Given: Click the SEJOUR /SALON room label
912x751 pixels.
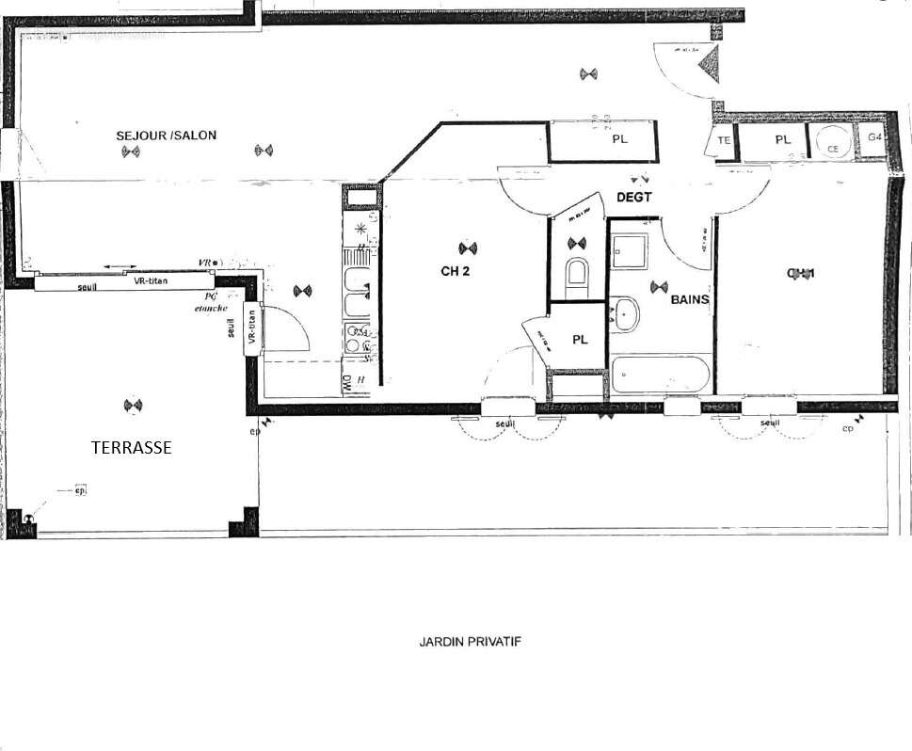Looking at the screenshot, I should tap(166, 136).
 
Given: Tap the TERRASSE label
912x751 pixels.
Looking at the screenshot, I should tap(131, 448).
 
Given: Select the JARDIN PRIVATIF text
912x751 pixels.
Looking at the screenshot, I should tap(470, 642).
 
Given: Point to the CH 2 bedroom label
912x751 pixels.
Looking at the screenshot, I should tap(455, 273).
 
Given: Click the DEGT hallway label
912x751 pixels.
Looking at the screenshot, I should tap(635, 197).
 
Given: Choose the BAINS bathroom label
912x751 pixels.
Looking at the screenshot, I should tap(690, 299).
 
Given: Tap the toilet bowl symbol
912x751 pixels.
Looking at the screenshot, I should tap(577, 274).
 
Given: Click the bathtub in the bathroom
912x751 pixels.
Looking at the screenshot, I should tap(660, 375).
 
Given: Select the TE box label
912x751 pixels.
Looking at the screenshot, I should tap(724, 140).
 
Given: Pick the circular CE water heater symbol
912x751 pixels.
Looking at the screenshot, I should tap(832, 143).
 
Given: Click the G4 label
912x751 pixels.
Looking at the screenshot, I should tap(874, 137).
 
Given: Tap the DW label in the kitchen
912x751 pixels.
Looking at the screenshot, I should tap(346, 382).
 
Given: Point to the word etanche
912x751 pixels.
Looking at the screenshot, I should tap(212, 308).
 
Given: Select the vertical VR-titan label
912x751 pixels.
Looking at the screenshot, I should tap(250, 328).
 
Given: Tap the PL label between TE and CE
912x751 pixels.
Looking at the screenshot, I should tap(782, 139).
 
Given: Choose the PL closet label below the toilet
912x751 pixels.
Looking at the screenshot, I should tap(580, 340).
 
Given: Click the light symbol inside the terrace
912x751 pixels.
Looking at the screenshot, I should tap(133, 406).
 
